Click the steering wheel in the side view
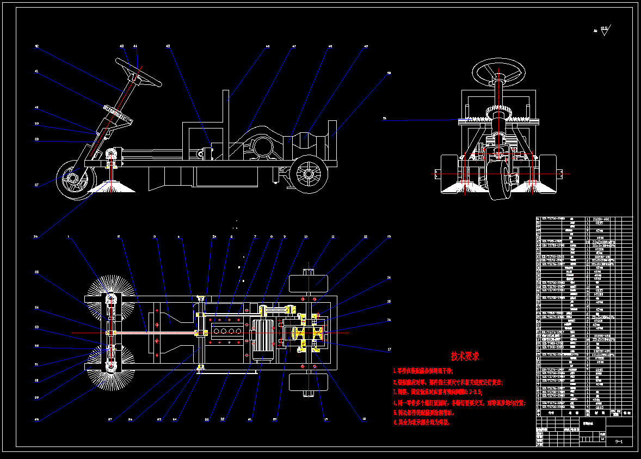tap(138, 72)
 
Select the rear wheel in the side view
tap(309, 174)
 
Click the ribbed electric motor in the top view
tap(263, 340)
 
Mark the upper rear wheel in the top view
tap(309, 284)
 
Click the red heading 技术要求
tap(464, 356)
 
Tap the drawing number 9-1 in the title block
tap(618, 442)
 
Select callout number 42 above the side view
tap(36, 47)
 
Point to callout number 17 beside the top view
tap(389, 349)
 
